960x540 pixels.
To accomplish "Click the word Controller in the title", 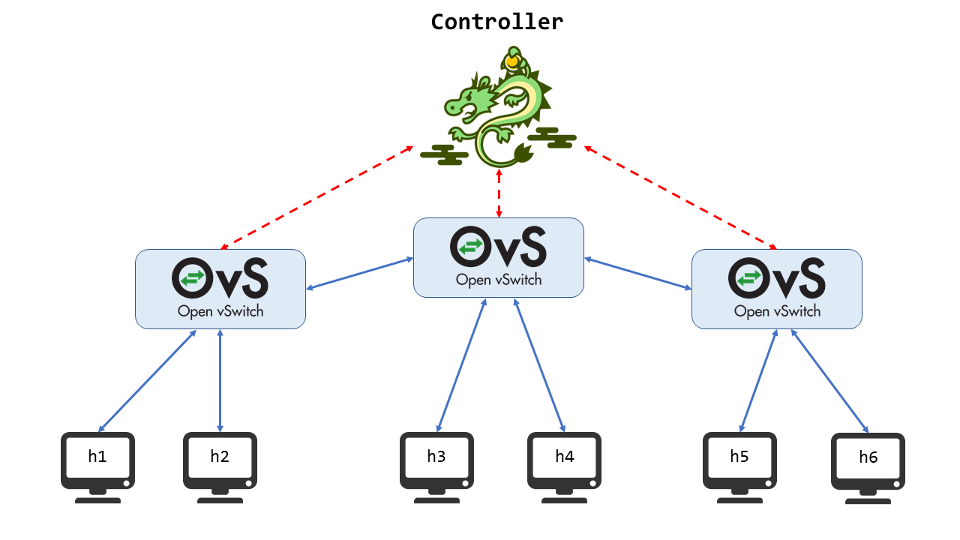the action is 497,22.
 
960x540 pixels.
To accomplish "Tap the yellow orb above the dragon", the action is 512,61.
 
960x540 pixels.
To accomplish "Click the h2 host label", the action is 220,457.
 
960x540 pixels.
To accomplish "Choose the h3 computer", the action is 436,467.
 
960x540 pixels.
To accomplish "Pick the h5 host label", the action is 739,457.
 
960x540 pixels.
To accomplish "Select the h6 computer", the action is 868,469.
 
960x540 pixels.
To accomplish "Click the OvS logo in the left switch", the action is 220,278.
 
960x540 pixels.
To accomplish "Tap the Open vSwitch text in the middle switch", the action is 499,280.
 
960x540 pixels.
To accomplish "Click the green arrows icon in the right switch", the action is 749,278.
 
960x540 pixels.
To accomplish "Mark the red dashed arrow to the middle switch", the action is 499,193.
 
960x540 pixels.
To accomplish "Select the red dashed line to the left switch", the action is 317,197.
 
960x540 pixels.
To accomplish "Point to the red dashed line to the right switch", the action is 680,197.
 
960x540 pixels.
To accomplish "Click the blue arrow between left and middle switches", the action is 360,274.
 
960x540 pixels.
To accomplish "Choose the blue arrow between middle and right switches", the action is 637,274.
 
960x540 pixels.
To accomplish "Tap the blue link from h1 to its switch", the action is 147,381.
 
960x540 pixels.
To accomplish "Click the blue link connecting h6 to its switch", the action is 829,381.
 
